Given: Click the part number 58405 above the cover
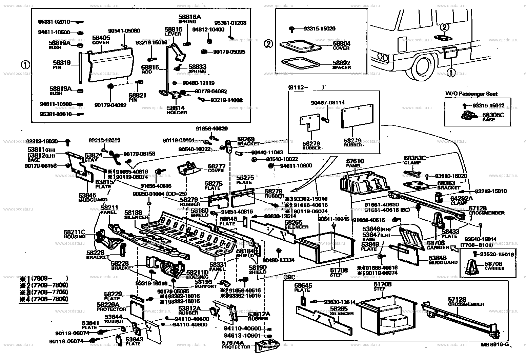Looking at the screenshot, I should (101, 38).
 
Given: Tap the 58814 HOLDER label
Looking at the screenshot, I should (177, 110).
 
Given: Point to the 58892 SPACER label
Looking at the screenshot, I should (341, 65).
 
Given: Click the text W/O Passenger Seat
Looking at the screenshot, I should (471, 94).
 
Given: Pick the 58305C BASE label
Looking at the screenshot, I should (493, 117).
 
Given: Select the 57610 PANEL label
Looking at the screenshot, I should (354, 163).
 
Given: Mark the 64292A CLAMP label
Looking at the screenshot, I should (461, 200).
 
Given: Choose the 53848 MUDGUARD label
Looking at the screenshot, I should (443, 260).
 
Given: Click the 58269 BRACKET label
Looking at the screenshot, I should (248, 141).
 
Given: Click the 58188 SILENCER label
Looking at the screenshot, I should (136, 214).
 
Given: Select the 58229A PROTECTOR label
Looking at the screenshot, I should (109, 306).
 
